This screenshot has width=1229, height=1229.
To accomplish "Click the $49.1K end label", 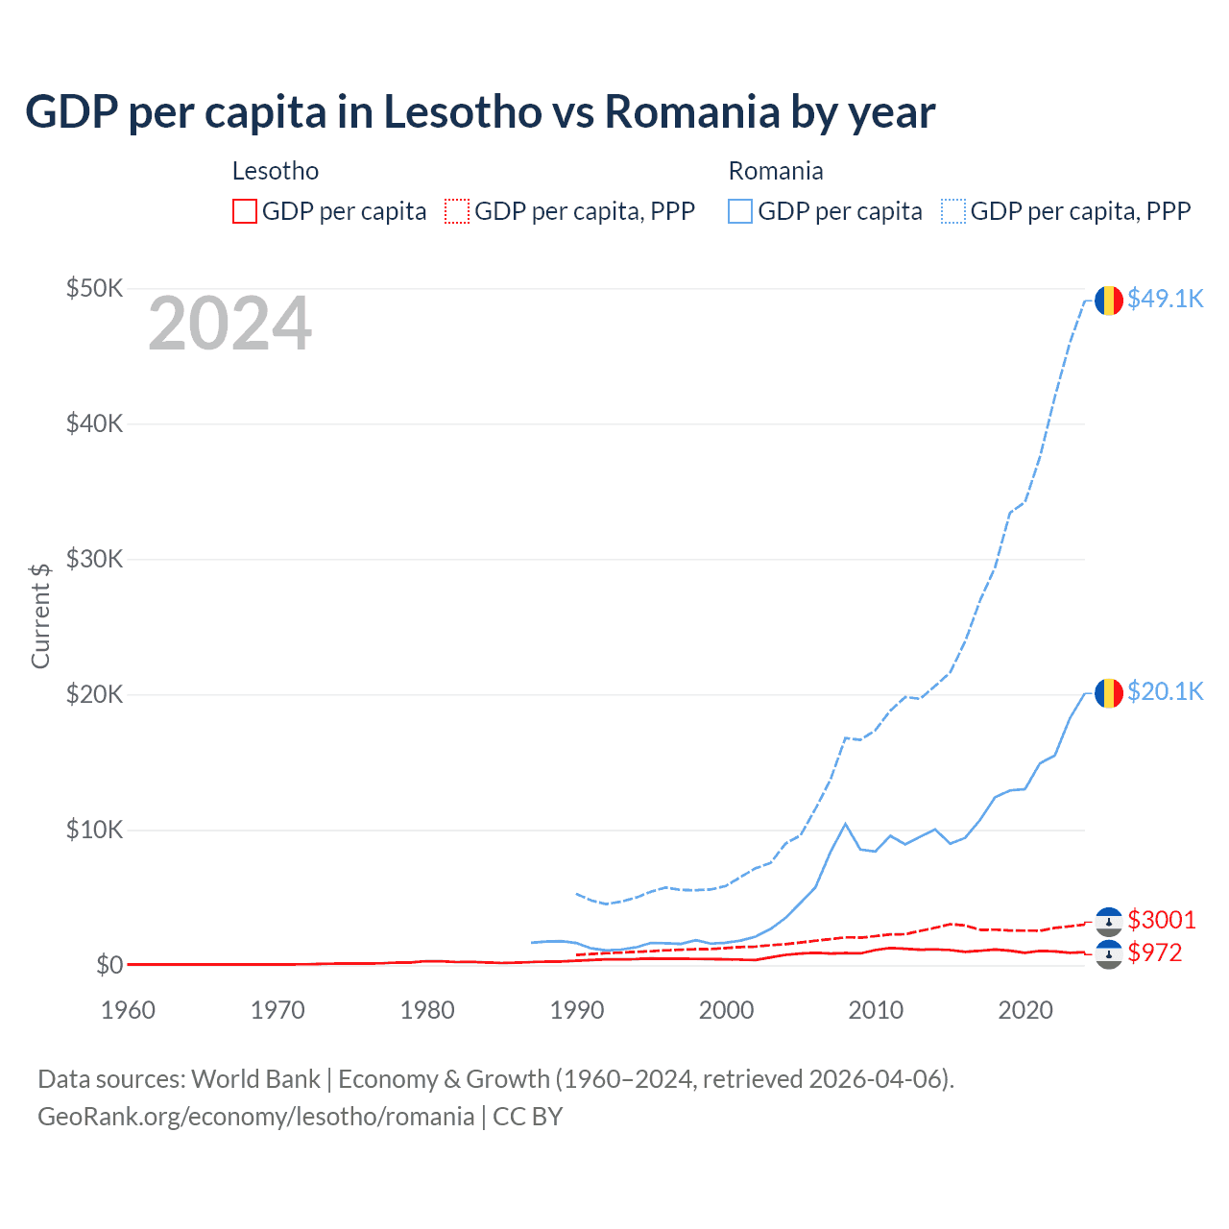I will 1165,300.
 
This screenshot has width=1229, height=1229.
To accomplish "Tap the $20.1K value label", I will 1165,692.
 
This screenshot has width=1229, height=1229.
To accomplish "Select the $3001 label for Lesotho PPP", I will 1162,921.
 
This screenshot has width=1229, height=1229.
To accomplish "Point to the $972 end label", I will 1155,953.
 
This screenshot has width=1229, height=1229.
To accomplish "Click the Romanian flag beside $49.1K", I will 1109,301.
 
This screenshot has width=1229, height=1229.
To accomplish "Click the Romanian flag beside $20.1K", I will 1109,693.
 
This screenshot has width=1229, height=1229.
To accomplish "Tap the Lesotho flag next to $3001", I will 1109,922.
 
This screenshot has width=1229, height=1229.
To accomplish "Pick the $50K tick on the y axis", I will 94,288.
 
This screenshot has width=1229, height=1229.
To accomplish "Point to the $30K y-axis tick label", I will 94,559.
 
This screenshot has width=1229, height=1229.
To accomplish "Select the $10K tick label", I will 94,830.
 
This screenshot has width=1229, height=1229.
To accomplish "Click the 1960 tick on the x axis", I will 128,1010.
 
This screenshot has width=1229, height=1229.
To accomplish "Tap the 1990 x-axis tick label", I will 577,1010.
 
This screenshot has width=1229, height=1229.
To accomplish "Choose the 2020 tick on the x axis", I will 1025,1010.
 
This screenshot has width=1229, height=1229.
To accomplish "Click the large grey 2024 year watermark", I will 229,325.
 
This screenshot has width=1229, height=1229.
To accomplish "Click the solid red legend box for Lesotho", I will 245,211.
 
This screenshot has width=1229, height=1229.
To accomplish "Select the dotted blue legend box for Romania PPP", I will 953,211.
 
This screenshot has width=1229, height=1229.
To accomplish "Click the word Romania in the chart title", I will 691,111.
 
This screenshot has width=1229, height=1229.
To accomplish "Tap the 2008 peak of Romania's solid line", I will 845,824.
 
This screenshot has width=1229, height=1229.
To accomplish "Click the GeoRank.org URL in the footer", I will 255,1117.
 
